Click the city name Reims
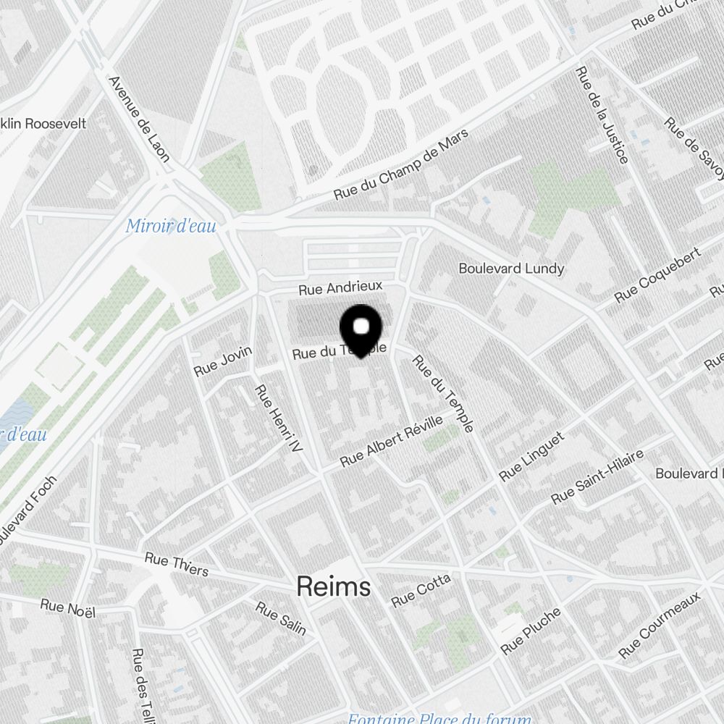tap(334, 587)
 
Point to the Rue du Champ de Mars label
tap(400, 166)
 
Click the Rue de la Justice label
tap(602, 115)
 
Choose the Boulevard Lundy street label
tap(511, 269)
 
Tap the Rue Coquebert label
tap(657, 276)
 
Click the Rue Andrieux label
tap(340, 288)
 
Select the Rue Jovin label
tap(223, 361)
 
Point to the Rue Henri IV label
tap(277, 419)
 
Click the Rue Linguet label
tap(531, 457)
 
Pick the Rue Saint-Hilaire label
tap(597, 477)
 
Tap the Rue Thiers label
tap(177, 564)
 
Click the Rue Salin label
tap(281, 618)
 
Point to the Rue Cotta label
tap(421, 591)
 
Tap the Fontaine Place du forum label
tap(439, 719)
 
